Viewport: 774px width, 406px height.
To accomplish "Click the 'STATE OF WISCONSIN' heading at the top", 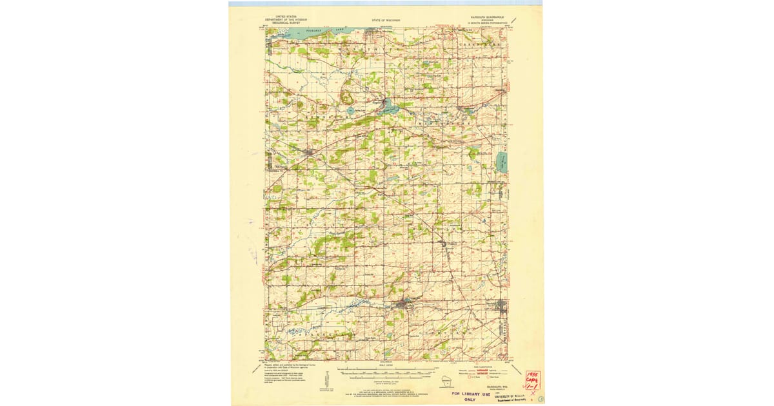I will [386, 20].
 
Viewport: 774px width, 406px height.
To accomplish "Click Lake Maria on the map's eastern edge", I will [502, 162].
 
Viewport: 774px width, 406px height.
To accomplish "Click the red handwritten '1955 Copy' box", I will [533, 380].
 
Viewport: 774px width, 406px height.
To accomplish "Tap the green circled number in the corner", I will [541, 400].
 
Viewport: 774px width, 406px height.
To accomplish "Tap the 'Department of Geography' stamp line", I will [510, 400].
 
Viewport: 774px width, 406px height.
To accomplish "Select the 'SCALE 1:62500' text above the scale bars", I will [386, 365].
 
